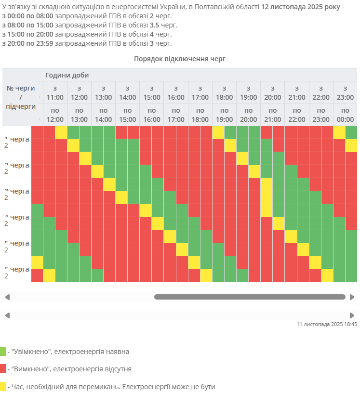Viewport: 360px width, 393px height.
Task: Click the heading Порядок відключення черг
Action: [180, 59]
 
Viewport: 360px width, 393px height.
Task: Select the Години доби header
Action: [67, 75]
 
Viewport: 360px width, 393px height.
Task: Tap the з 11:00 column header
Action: [55, 92]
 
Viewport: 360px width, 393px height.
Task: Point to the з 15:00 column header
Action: [152, 92]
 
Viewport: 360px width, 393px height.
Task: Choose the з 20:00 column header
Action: [273, 92]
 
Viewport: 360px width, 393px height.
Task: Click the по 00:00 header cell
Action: [345, 115]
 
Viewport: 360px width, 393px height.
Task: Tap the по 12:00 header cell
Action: [55, 115]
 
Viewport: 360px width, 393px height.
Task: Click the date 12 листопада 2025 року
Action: [300, 7]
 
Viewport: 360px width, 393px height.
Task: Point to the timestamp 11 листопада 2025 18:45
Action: [327, 324]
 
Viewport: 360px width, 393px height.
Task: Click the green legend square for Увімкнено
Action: [3, 351]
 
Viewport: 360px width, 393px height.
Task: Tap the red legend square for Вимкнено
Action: [3, 369]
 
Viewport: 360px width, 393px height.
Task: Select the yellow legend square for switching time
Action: [3, 386]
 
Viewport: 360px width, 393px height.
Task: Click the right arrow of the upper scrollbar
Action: [352, 297]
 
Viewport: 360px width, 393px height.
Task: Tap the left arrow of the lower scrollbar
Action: [7, 315]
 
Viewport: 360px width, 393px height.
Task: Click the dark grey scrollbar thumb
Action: [250, 297]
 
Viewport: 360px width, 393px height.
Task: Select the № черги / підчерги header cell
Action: [21, 97]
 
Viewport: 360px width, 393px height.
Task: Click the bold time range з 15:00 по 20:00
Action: [27, 34]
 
